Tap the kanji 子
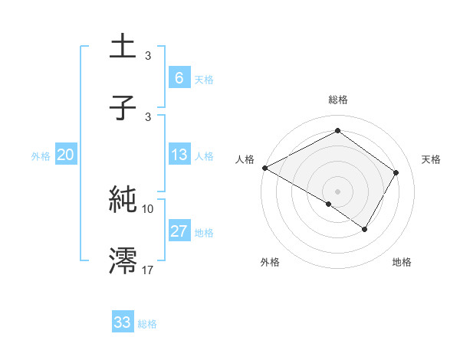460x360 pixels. [123, 107]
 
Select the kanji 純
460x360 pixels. [123, 200]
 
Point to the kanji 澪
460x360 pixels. [123, 260]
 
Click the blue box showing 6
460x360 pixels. [179, 77]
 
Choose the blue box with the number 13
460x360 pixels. [179, 155]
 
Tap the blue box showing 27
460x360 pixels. [179, 231]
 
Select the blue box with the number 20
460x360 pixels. [65, 155]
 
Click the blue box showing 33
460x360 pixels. [122, 322]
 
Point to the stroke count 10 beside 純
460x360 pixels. [148, 208]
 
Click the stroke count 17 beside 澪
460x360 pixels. [148, 269]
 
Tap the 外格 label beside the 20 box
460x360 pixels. [41, 155]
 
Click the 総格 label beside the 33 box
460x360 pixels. [147, 323]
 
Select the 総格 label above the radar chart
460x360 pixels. [337, 100]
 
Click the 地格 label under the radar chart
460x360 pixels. [402, 262]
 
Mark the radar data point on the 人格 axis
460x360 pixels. [264, 168]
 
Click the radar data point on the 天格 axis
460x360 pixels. [396, 173]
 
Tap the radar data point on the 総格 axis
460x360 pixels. [337, 131]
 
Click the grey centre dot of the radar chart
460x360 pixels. [337, 191]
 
